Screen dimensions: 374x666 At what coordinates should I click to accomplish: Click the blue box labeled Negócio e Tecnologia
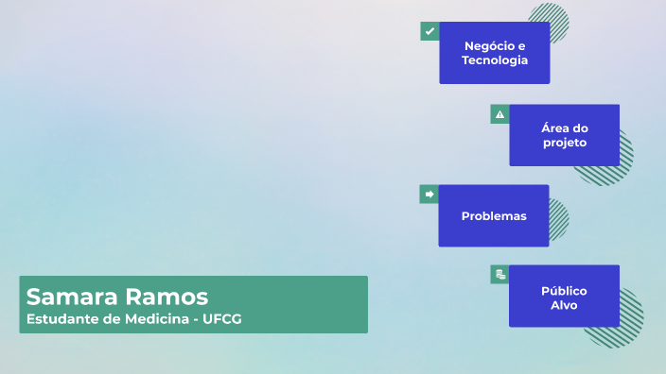click(x=494, y=53)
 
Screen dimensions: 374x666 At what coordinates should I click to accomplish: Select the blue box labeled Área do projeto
click(x=564, y=135)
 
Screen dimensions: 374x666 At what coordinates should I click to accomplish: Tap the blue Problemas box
click(x=493, y=215)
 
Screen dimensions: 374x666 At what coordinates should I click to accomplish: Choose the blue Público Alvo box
click(x=564, y=297)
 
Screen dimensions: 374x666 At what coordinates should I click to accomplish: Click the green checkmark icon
click(x=429, y=31)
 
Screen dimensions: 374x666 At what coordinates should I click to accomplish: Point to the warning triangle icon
click(x=499, y=114)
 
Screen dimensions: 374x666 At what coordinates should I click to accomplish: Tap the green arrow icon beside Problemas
click(x=429, y=194)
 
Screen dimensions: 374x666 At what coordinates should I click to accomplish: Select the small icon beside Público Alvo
click(x=499, y=275)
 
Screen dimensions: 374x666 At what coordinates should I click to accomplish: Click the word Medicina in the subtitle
click(x=149, y=319)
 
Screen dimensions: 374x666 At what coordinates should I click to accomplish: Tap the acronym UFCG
click(x=222, y=319)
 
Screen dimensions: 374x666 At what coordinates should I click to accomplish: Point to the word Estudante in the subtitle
click(x=61, y=319)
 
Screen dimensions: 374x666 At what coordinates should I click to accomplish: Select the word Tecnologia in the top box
click(x=494, y=60)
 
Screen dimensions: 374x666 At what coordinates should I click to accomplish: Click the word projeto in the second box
click(x=565, y=143)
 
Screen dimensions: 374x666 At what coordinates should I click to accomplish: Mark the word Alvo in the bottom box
click(x=564, y=305)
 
